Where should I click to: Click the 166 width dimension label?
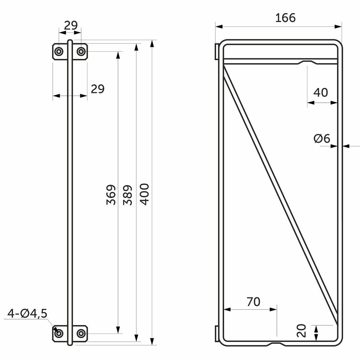click(285, 18)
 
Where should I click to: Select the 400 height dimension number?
click(145, 194)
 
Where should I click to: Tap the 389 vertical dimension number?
click(128, 195)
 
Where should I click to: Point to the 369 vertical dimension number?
click(111, 195)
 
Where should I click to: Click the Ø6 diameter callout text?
click(322, 139)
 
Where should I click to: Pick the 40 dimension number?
click(320, 93)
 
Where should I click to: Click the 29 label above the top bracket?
click(70, 26)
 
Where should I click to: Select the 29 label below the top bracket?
click(98, 89)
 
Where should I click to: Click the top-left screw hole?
click(59, 52)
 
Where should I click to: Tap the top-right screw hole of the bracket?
click(81, 52)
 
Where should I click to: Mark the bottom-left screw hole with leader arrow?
click(59, 333)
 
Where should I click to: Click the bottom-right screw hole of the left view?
click(81, 333)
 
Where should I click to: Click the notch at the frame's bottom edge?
click(277, 344)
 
